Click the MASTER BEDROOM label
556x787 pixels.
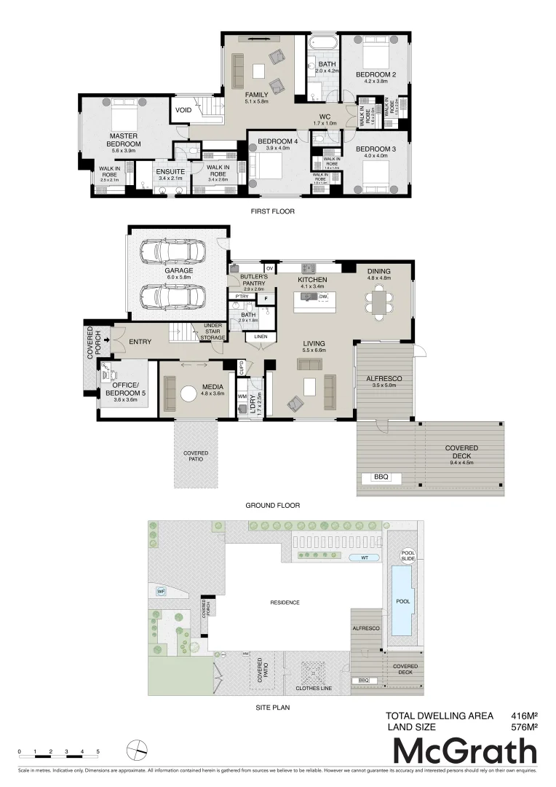coord(124,140)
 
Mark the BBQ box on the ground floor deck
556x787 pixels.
coord(381,477)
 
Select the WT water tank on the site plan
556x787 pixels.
coord(365,557)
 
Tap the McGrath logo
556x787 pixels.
coord(465,751)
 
